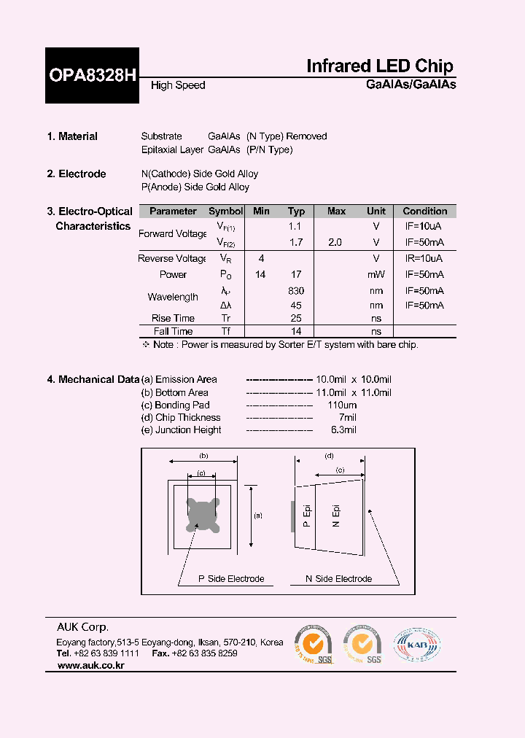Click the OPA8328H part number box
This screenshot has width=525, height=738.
[92, 75]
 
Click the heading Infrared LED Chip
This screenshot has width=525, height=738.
[379, 66]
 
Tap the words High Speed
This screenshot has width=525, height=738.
[178, 85]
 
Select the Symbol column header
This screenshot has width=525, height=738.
[226, 211]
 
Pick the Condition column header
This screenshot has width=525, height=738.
[425, 211]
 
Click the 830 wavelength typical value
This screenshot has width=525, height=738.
[296, 290]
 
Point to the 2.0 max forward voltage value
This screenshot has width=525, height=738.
[335, 242]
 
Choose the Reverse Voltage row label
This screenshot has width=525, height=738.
[173, 259]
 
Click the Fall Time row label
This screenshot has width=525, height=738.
[173, 331]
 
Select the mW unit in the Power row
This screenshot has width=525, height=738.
[376, 275]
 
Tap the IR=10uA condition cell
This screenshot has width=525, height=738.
[424, 259]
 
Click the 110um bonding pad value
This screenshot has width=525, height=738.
[342, 405]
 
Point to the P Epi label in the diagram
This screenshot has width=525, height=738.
[307, 516]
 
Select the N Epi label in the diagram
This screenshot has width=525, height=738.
[336, 516]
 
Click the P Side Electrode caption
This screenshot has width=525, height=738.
[231, 579]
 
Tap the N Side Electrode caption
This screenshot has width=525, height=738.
[338, 579]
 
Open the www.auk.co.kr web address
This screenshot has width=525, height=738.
[90, 666]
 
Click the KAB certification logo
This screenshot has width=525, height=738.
[417, 645]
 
